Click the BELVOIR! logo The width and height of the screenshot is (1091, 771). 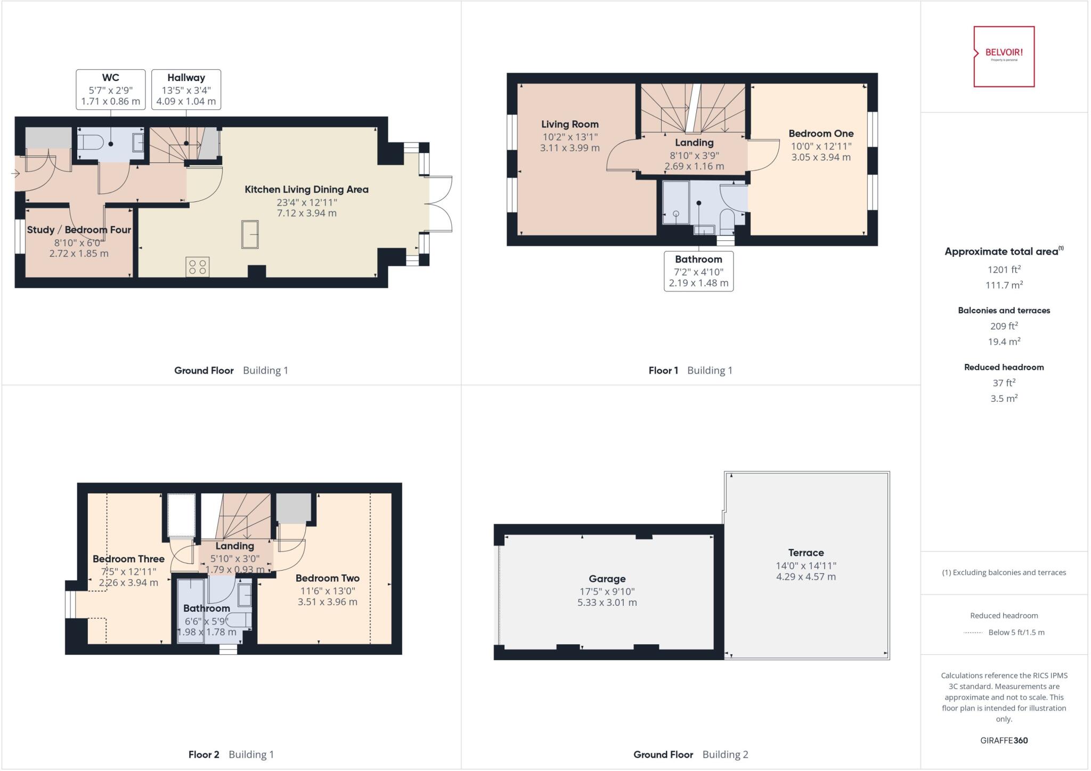(x=1004, y=56)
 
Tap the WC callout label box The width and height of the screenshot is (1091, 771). (x=111, y=90)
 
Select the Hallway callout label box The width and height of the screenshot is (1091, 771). (x=186, y=90)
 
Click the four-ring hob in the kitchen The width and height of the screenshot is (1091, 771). (x=197, y=267)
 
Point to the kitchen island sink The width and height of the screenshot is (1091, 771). (x=250, y=234)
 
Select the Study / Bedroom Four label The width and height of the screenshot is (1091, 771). (x=79, y=230)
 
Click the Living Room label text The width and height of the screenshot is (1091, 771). (x=569, y=124)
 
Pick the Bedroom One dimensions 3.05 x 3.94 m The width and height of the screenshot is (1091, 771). (x=820, y=157)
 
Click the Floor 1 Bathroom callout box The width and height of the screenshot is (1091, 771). (x=698, y=271)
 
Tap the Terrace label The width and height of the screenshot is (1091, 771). (x=805, y=553)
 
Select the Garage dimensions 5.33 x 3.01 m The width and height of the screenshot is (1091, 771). (x=607, y=603)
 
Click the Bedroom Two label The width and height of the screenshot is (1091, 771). (x=327, y=578)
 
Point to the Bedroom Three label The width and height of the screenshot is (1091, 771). (x=128, y=559)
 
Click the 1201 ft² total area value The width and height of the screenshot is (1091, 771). (x=1004, y=270)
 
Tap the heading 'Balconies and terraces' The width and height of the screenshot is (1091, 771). (x=1004, y=310)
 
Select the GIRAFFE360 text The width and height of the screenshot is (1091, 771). (x=1004, y=740)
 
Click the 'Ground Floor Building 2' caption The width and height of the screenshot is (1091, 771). (x=690, y=754)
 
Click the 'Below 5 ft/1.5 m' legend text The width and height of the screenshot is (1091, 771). (x=1016, y=632)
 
